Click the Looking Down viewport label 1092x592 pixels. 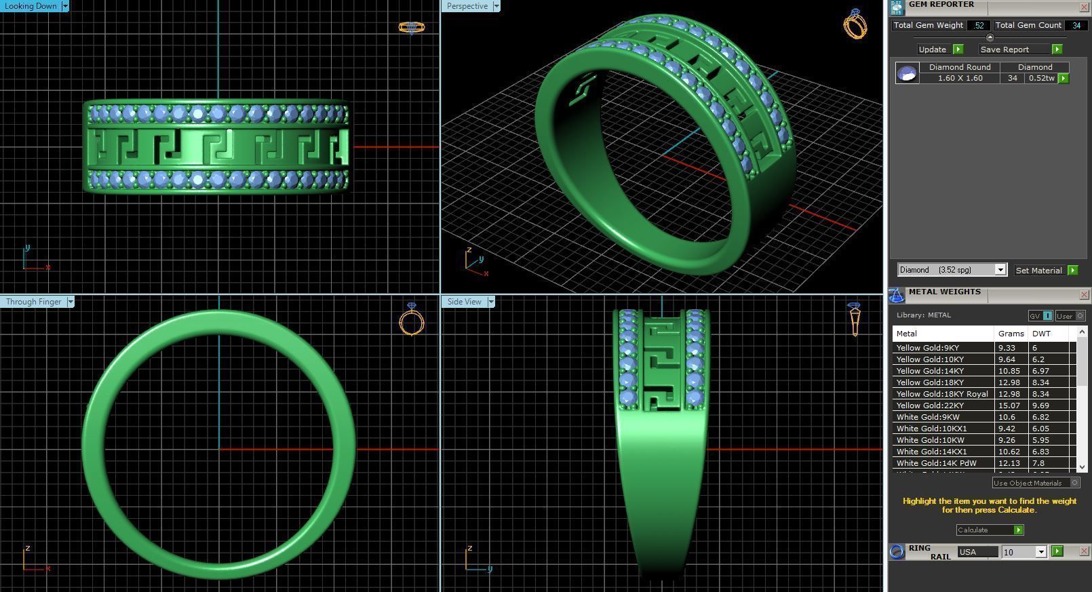coord(31,6)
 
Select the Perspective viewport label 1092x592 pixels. coord(467,6)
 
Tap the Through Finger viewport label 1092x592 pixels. coord(33,302)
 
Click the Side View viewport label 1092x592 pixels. coord(464,302)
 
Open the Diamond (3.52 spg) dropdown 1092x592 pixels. coord(952,270)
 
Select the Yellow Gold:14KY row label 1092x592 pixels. coord(930,371)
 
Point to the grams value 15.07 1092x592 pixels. coord(1009,406)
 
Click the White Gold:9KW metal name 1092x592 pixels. coord(928,417)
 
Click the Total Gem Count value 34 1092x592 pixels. coord(1076,25)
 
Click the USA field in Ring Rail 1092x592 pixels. coord(977,552)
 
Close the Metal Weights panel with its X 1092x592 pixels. coord(1083,294)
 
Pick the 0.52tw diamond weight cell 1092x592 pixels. coord(1041,78)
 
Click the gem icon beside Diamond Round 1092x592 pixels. coord(907,73)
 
